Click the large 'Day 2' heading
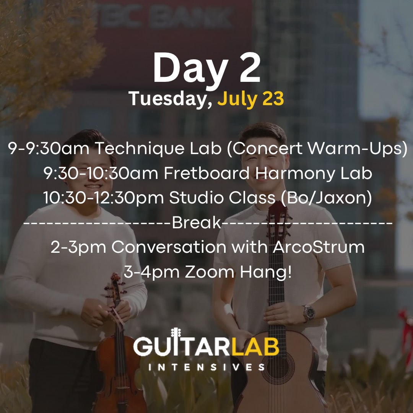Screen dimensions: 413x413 [207, 68]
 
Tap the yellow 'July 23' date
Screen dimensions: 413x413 [250, 99]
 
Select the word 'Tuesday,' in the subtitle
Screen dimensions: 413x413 [171, 99]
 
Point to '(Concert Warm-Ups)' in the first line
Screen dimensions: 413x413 [317, 148]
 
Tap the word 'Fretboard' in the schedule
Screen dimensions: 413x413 [206, 173]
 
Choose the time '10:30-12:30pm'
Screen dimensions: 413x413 [104, 198]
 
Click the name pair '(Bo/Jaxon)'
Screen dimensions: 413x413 [326, 198]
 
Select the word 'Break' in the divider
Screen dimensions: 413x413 [197, 222]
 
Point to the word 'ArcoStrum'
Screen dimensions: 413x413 [319, 247]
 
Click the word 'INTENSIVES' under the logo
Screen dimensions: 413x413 [206, 367]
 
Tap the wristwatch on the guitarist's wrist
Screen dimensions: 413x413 [309, 313]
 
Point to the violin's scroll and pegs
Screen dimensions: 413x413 [115, 286]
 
